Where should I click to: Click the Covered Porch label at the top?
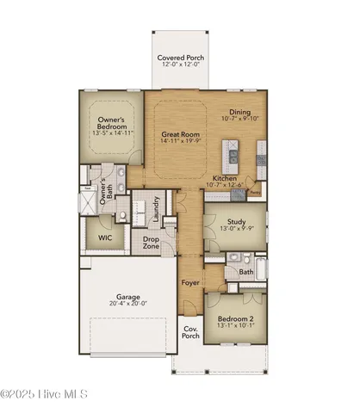click(x=179, y=59)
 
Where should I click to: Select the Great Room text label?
click(x=181, y=135)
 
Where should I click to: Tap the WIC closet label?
click(x=105, y=237)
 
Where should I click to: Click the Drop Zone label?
click(x=152, y=242)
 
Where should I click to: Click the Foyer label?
click(x=190, y=282)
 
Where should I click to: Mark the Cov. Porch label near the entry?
click(x=190, y=333)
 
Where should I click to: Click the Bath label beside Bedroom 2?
click(x=246, y=272)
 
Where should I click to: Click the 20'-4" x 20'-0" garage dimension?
click(x=127, y=304)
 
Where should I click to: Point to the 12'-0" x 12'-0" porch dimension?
click(x=179, y=65)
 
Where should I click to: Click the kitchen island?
click(x=233, y=157)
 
